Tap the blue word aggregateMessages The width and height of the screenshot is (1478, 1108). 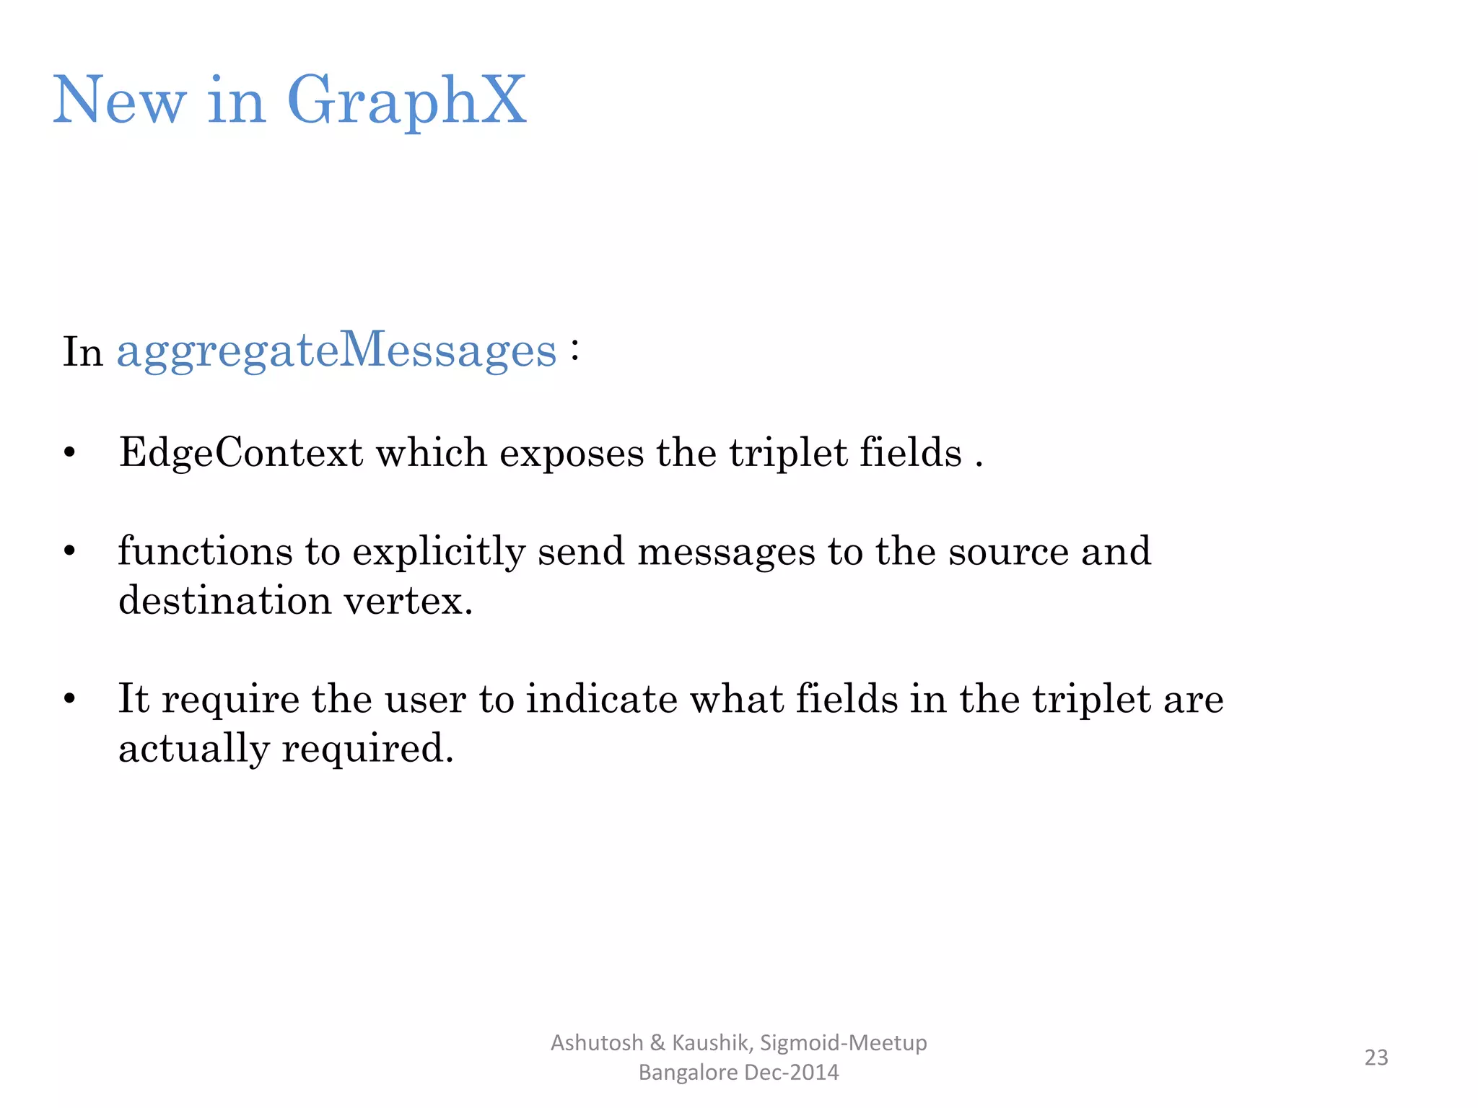pyautogui.click(x=336, y=351)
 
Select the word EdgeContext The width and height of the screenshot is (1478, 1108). pyautogui.click(x=241, y=453)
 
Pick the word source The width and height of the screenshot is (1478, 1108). pyautogui.click(x=1008, y=553)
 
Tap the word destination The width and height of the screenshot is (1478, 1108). pyautogui.click(x=224, y=601)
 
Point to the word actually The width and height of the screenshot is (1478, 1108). pyautogui.click(x=193, y=749)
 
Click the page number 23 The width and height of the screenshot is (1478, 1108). pyautogui.click(x=1376, y=1058)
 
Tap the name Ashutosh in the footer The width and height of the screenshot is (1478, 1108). pyautogui.click(x=597, y=1043)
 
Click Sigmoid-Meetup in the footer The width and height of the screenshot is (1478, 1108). pyautogui.click(x=844, y=1043)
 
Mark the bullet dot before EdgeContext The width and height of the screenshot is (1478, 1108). pyautogui.click(x=69, y=454)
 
